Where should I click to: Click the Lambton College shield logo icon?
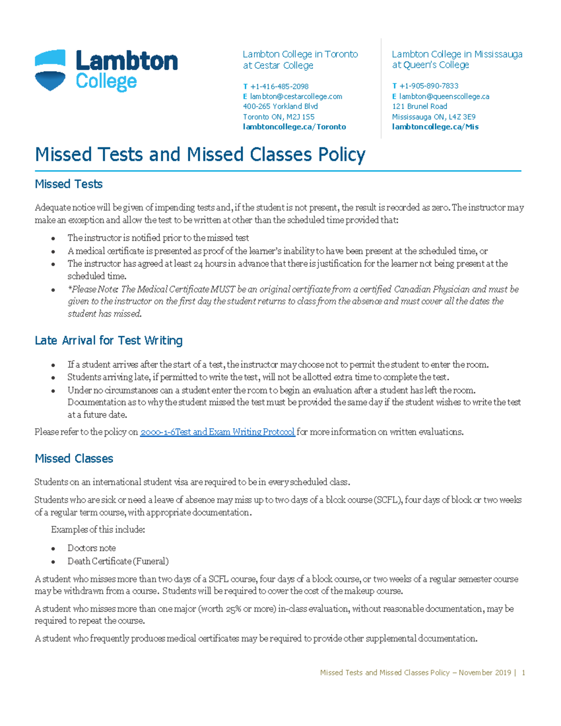[x=50, y=70]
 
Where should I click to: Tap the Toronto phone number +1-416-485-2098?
[x=279, y=86]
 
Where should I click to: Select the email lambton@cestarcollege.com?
[x=295, y=96]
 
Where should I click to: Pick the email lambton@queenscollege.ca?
[x=444, y=96]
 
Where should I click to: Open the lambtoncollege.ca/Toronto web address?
[x=294, y=127]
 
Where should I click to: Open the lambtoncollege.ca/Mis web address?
[x=435, y=127]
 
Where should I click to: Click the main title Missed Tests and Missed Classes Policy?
[x=200, y=154]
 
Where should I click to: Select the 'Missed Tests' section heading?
[x=69, y=184]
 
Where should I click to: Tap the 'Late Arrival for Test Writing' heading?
[x=108, y=340]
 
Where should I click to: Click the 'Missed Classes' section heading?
[x=74, y=459]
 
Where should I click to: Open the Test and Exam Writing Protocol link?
[x=217, y=432]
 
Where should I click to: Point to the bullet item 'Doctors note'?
[x=92, y=548]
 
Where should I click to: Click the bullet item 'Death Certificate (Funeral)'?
[x=118, y=561]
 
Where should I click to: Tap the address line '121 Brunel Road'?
[x=419, y=107]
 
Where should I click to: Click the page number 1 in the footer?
[x=524, y=673]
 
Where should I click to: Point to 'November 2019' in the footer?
[x=485, y=673]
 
